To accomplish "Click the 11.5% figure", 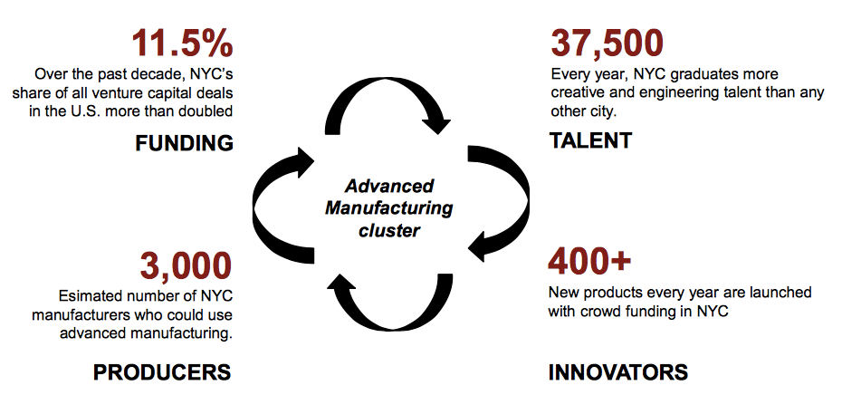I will point(181,43).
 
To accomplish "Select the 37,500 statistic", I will point(608,43).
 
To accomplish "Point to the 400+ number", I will point(589,264).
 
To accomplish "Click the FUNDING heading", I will point(186,143).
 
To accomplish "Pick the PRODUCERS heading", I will point(162,371).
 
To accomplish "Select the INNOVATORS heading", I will point(618,371).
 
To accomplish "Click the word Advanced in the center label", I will point(389,187).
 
